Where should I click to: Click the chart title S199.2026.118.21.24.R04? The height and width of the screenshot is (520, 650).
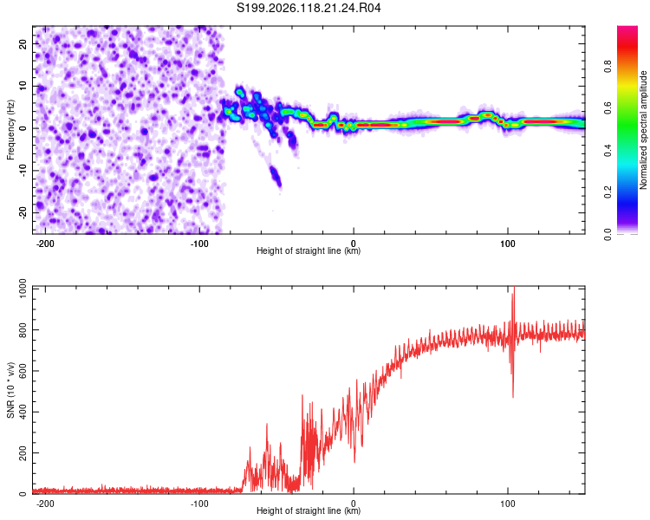point(309,8)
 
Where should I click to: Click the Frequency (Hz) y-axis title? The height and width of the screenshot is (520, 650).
point(10,130)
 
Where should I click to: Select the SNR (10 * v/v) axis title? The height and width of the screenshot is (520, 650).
point(10,390)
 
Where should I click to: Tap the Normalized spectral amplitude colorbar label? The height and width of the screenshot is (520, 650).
point(643,130)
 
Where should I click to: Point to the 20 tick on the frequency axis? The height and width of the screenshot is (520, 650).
point(23,44)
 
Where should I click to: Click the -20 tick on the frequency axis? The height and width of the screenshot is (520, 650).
point(23,213)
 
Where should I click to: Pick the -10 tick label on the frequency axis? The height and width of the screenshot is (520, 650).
point(23,171)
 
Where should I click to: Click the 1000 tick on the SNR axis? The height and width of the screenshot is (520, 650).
point(23,288)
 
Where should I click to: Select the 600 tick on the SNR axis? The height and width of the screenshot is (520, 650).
point(23,371)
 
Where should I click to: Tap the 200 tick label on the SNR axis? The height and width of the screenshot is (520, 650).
point(23,452)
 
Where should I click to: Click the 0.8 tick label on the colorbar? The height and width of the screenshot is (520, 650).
point(608,67)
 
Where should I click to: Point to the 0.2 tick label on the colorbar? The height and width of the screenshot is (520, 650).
point(608,192)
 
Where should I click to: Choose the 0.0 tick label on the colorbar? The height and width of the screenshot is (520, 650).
point(608,235)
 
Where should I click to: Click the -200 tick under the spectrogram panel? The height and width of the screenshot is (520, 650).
point(45,244)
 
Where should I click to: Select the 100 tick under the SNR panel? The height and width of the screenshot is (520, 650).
point(507,504)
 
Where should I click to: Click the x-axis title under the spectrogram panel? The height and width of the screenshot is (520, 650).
point(309,250)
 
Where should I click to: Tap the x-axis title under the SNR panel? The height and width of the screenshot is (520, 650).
point(309,510)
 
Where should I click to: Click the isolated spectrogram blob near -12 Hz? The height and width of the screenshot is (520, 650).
point(276,176)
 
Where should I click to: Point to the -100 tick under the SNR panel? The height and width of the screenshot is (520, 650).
point(199,504)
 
